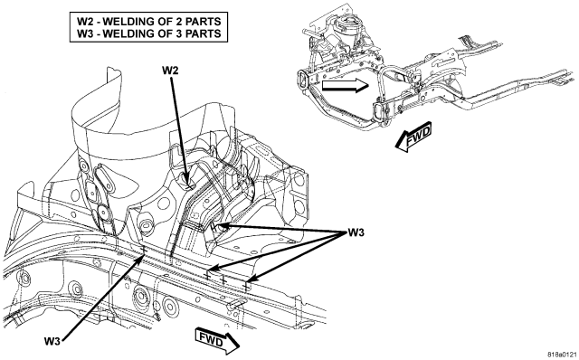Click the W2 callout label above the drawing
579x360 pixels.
tap(170, 70)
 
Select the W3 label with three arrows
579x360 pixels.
tap(356, 232)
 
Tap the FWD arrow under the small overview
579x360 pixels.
tap(413, 137)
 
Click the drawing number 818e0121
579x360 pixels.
tap(562, 354)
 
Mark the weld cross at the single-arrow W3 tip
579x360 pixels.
tap(143, 251)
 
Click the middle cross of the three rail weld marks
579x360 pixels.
tap(223, 279)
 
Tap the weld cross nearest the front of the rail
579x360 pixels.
tap(246, 286)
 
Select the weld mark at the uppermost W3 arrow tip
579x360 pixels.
tap(214, 225)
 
